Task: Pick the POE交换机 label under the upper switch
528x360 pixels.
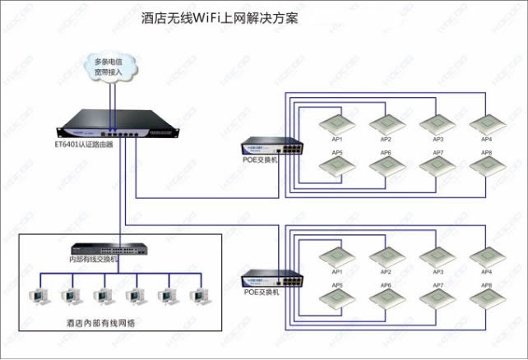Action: [x=261, y=160]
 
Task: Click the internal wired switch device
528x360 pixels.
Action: [x=105, y=247]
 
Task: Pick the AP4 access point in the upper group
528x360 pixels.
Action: [x=487, y=124]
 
